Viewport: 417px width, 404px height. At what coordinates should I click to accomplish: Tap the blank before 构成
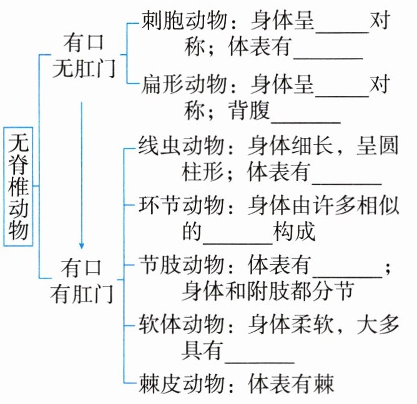pos(237,234)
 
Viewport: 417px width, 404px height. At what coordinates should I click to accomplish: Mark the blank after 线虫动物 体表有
pos(346,174)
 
